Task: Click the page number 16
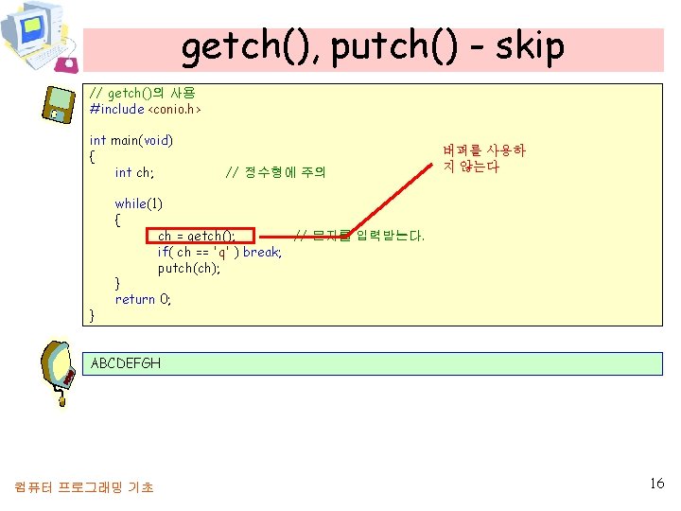[x=657, y=484]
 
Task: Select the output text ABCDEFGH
[x=126, y=363]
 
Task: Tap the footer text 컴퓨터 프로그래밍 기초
[x=84, y=487]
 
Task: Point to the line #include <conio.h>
[x=146, y=109]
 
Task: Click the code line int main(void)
[x=131, y=140]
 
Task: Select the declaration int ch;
[x=134, y=172]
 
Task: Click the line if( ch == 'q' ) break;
[x=219, y=252]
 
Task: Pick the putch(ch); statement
[x=189, y=268]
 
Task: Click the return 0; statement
[x=143, y=299]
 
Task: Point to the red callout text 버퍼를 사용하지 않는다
[x=483, y=158]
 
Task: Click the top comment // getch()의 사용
[x=142, y=93]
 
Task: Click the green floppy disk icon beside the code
[x=60, y=103]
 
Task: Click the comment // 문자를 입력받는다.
[x=359, y=235]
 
